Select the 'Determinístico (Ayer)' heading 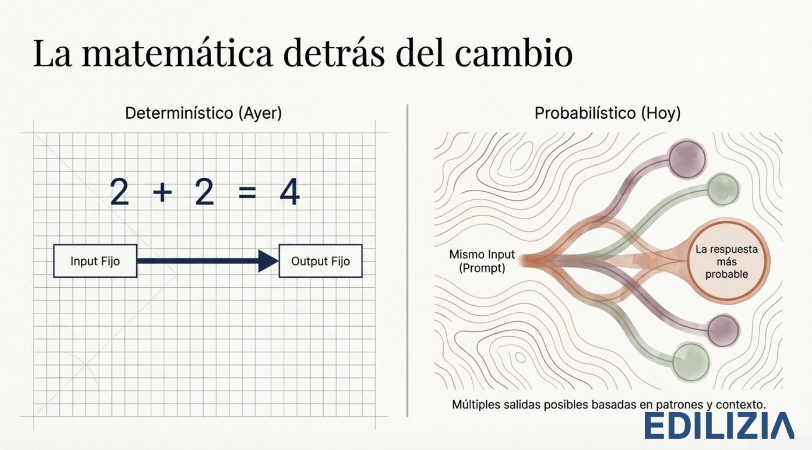pyautogui.click(x=204, y=113)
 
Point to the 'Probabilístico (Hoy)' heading pyautogui.click(x=608, y=113)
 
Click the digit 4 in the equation pyautogui.click(x=290, y=192)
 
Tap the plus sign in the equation pyautogui.click(x=162, y=193)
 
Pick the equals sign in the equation pyautogui.click(x=247, y=193)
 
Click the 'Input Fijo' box pyautogui.click(x=95, y=261)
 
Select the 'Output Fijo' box pyautogui.click(x=320, y=261)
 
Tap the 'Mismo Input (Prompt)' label pyautogui.click(x=482, y=261)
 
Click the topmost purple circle pyautogui.click(x=687, y=159)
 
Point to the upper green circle pyautogui.click(x=723, y=189)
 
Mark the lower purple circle pyautogui.click(x=723, y=330)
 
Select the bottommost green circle pyautogui.click(x=691, y=362)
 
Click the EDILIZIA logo pyautogui.click(x=719, y=426)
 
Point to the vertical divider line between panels pyautogui.click(x=407, y=261)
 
